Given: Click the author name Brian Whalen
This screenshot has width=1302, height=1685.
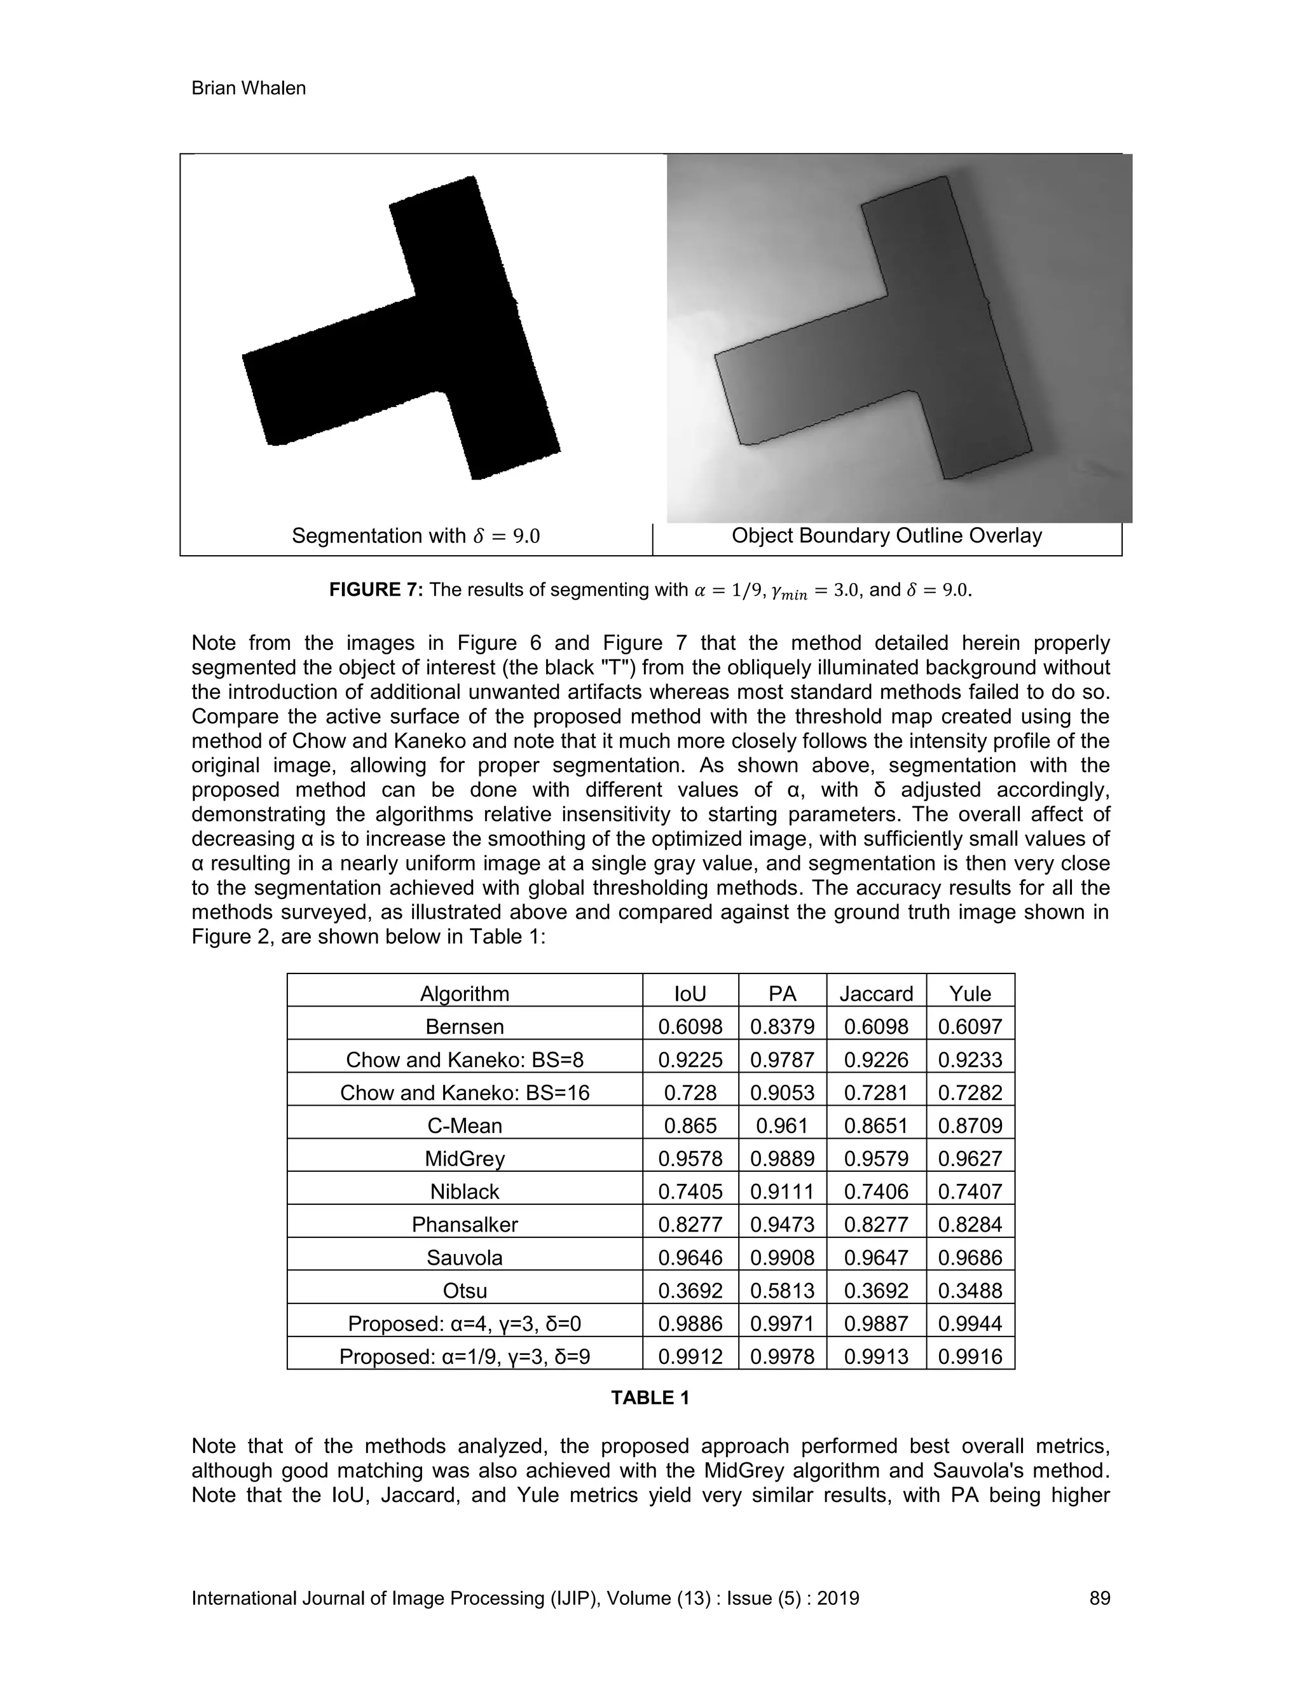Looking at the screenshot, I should [x=249, y=89].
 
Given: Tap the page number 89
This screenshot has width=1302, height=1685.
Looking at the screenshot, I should [x=1099, y=1598].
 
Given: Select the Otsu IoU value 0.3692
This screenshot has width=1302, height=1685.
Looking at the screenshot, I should [x=690, y=1291].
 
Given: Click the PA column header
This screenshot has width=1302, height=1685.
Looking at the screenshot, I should [x=782, y=994].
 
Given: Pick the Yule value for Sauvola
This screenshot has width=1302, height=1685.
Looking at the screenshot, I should [x=970, y=1258].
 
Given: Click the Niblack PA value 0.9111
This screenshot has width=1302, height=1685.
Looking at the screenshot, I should [x=782, y=1192].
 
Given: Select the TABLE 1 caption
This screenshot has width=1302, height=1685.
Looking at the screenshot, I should [x=650, y=1398].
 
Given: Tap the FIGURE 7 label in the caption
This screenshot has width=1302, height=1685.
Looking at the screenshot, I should [x=376, y=590].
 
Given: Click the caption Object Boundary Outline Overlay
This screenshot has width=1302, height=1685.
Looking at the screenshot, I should [x=886, y=535].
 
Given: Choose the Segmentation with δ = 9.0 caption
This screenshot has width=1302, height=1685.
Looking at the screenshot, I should [x=415, y=536].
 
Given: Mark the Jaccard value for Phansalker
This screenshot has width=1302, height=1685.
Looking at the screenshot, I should [x=876, y=1225].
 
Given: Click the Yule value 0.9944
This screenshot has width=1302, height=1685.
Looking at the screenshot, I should [x=970, y=1324].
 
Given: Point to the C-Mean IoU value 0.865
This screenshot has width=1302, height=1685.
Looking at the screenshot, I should [x=690, y=1125].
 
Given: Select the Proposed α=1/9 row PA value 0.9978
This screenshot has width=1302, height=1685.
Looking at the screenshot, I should [x=782, y=1356].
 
